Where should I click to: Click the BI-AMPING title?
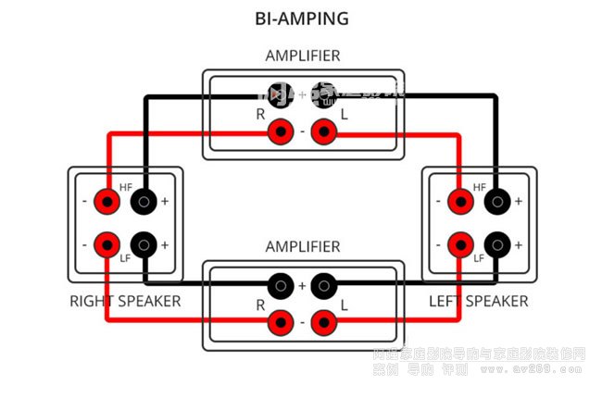point(302,18)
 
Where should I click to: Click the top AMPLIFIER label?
point(302,56)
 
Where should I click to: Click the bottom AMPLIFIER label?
point(302,247)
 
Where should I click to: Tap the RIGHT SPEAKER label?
point(125,302)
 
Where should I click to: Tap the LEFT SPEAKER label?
point(478,302)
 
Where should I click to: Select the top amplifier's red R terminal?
point(280,132)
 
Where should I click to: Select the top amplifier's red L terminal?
point(323,132)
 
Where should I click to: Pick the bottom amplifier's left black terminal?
point(280,285)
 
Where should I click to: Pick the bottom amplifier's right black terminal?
point(323,285)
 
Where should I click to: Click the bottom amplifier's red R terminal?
point(280,323)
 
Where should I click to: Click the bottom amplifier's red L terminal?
point(323,323)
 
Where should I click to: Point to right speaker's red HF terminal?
point(108,201)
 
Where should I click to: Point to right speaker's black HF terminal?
point(143,201)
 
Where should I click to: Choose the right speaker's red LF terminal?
point(108,245)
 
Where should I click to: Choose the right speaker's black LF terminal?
point(143,245)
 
